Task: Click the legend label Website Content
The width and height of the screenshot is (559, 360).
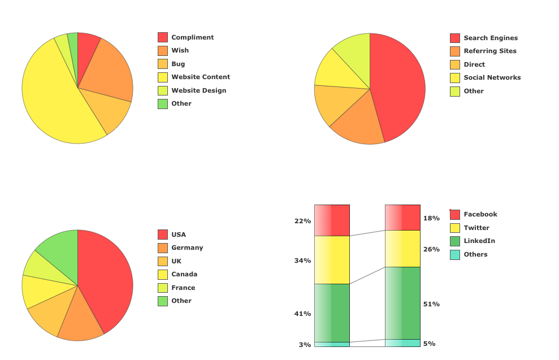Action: [x=201, y=77]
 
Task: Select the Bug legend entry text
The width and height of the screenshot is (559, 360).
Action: [x=178, y=64]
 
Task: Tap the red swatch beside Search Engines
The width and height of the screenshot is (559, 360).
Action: [x=455, y=38]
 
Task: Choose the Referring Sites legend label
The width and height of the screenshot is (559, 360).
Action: [x=489, y=51]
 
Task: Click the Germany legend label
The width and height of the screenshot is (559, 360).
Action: [x=187, y=248]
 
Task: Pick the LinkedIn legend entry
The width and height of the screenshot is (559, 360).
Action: [x=479, y=241]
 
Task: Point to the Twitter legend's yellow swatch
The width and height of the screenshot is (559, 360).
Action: [x=455, y=228]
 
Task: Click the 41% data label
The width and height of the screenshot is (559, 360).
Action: [x=302, y=314]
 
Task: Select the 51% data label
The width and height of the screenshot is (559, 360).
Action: [x=431, y=304]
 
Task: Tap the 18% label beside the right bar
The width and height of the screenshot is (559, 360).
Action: [x=431, y=218]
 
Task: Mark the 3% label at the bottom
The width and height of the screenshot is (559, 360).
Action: [x=305, y=345]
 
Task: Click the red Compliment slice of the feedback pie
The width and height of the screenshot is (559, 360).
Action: [x=87, y=48]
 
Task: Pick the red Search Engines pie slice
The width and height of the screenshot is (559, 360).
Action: [x=398, y=85]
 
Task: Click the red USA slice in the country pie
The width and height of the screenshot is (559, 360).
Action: [x=107, y=277]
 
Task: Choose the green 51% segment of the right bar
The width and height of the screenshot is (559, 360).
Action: [x=402, y=302]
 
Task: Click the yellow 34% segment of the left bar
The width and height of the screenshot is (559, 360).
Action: [x=332, y=260]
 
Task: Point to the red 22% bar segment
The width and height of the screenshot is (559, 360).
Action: [x=332, y=220]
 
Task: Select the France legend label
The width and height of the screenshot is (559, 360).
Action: [x=183, y=288]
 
